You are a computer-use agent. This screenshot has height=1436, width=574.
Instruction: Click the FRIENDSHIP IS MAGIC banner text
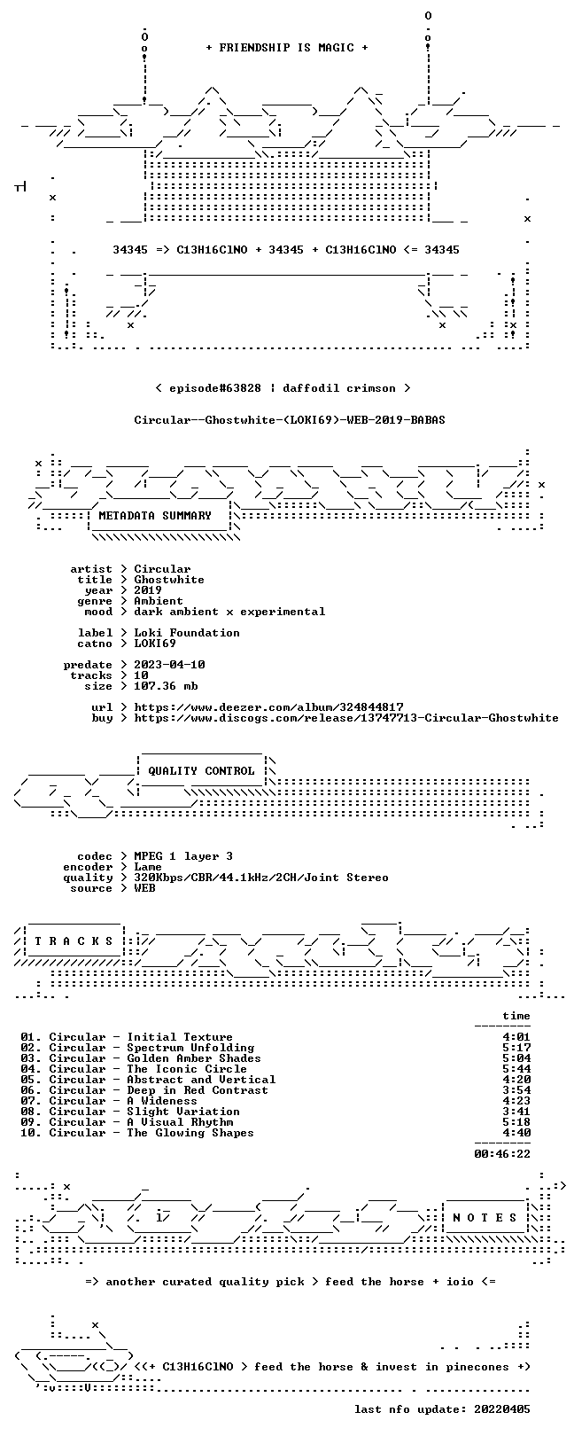(x=287, y=48)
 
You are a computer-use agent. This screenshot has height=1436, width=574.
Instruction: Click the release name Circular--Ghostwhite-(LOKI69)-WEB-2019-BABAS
(x=290, y=420)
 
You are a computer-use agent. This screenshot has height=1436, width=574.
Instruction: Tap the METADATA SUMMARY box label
(x=154, y=515)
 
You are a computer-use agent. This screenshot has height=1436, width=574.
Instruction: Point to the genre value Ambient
(x=159, y=601)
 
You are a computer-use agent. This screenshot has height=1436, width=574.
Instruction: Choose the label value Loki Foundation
(x=186, y=633)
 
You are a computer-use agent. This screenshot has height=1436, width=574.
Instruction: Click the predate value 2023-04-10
(x=169, y=665)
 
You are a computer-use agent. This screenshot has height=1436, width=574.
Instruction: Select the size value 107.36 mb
(x=166, y=686)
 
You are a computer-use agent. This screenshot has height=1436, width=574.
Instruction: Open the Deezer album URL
(x=268, y=707)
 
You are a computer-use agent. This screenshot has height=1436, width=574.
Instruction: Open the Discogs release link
(x=346, y=718)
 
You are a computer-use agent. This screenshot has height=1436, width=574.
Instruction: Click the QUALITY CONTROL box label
(x=201, y=770)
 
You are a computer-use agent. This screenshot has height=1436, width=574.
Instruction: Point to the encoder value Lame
(x=147, y=867)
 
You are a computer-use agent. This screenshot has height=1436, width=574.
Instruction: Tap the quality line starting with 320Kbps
(x=260, y=878)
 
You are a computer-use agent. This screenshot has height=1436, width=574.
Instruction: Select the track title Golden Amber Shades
(x=193, y=1058)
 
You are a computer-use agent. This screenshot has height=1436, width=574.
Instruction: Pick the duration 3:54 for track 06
(x=516, y=1090)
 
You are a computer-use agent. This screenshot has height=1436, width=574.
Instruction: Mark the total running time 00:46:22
(x=502, y=1154)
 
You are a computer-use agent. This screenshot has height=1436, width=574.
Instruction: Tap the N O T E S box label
(x=485, y=1217)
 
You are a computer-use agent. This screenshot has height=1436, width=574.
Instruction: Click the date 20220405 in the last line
(x=502, y=1409)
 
